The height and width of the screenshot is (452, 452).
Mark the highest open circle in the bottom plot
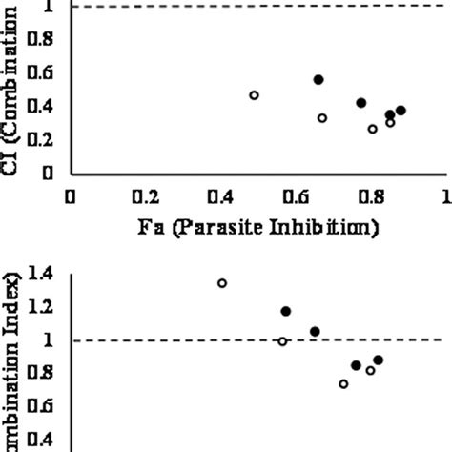coord(222,283)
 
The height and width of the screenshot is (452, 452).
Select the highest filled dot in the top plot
coord(318,79)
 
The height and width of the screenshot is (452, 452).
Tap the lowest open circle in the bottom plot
coord(343,383)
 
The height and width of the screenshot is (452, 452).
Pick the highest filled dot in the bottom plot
coord(285,311)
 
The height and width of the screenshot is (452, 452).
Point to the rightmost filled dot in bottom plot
coord(378,360)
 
